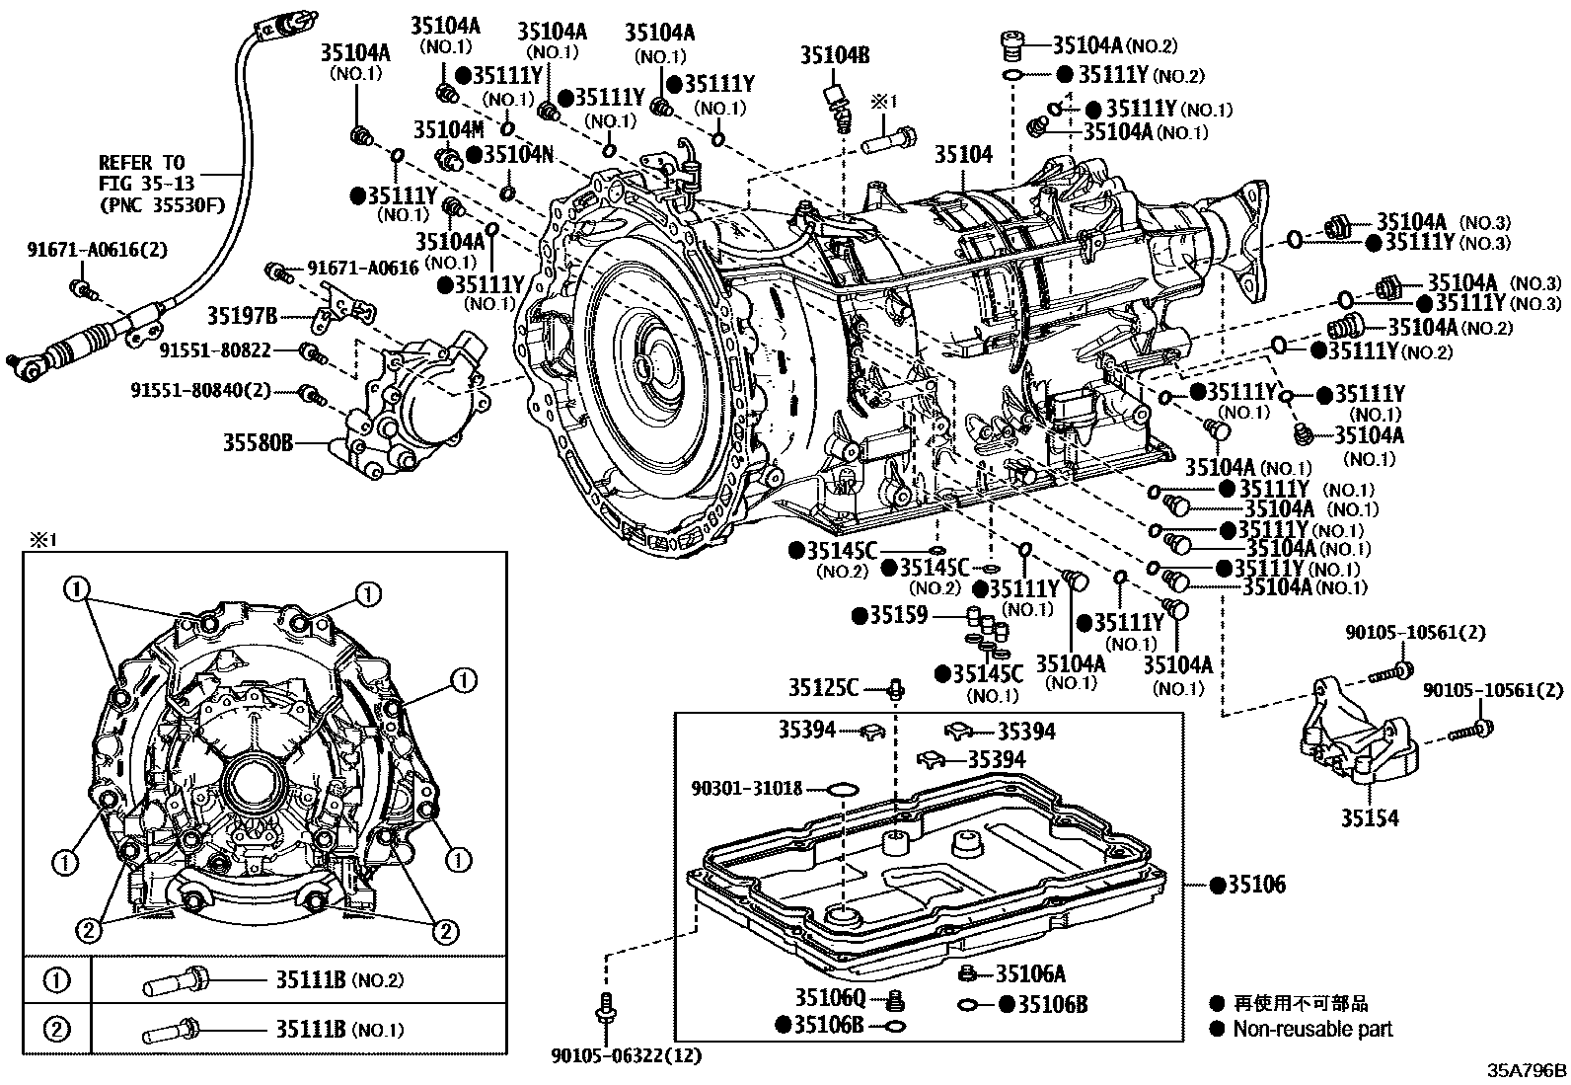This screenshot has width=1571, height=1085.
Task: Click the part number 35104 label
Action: (963, 154)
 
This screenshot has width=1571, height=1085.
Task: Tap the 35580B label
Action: (258, 443)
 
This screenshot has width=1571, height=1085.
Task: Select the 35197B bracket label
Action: (242, 316)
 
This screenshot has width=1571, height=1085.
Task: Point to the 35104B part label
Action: (834, 55)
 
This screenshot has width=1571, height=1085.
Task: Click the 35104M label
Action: (448, 129)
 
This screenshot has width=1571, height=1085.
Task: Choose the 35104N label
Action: (518, 154)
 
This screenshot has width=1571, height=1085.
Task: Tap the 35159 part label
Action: (898, 616)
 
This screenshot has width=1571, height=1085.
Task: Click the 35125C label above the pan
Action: (823, 686)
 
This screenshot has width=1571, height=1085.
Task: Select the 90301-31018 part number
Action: (747, 788)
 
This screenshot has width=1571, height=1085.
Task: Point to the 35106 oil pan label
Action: (1255, 885)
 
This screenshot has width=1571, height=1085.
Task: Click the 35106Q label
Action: (831, 997)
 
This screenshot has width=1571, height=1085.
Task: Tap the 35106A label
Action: (1030, 974)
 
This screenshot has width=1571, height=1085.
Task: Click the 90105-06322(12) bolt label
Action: (626, 1055)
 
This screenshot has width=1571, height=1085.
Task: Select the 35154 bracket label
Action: (1369, 818)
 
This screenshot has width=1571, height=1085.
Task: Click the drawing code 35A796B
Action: (1527, 1070)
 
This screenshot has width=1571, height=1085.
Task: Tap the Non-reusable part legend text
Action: (1312, 1029)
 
